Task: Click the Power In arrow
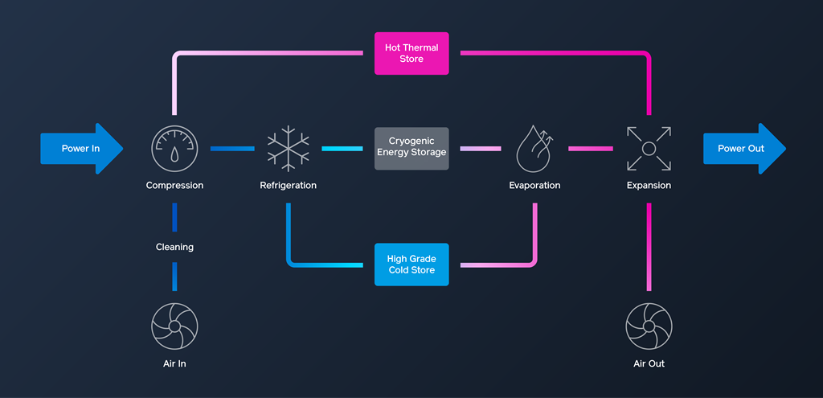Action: (x=80, y=149)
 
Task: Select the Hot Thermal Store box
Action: (x=411, y=54)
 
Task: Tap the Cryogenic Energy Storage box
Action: (x=411, y=148)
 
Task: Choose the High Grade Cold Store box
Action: (x=411, y=265)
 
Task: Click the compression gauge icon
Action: (x=174, y=148)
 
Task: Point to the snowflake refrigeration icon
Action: (x=288, y=148)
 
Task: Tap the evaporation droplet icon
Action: (x=534, y=148)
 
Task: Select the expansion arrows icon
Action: (x=649, y=148)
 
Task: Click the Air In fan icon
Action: (x=174, y=326)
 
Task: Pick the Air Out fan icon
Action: (x=649, y=326)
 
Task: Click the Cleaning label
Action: (x=174, y=247)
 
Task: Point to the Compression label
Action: (x=174, y=186)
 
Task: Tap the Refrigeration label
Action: (x=288, y=186)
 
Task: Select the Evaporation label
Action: (x=534, y=186)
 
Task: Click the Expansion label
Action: (x=649, y=186)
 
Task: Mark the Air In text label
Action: (x=174, y=363)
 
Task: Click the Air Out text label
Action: (x=649, y=363)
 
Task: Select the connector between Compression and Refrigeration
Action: (x=231, y=149)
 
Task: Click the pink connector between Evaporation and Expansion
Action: (x=591, y=149)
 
